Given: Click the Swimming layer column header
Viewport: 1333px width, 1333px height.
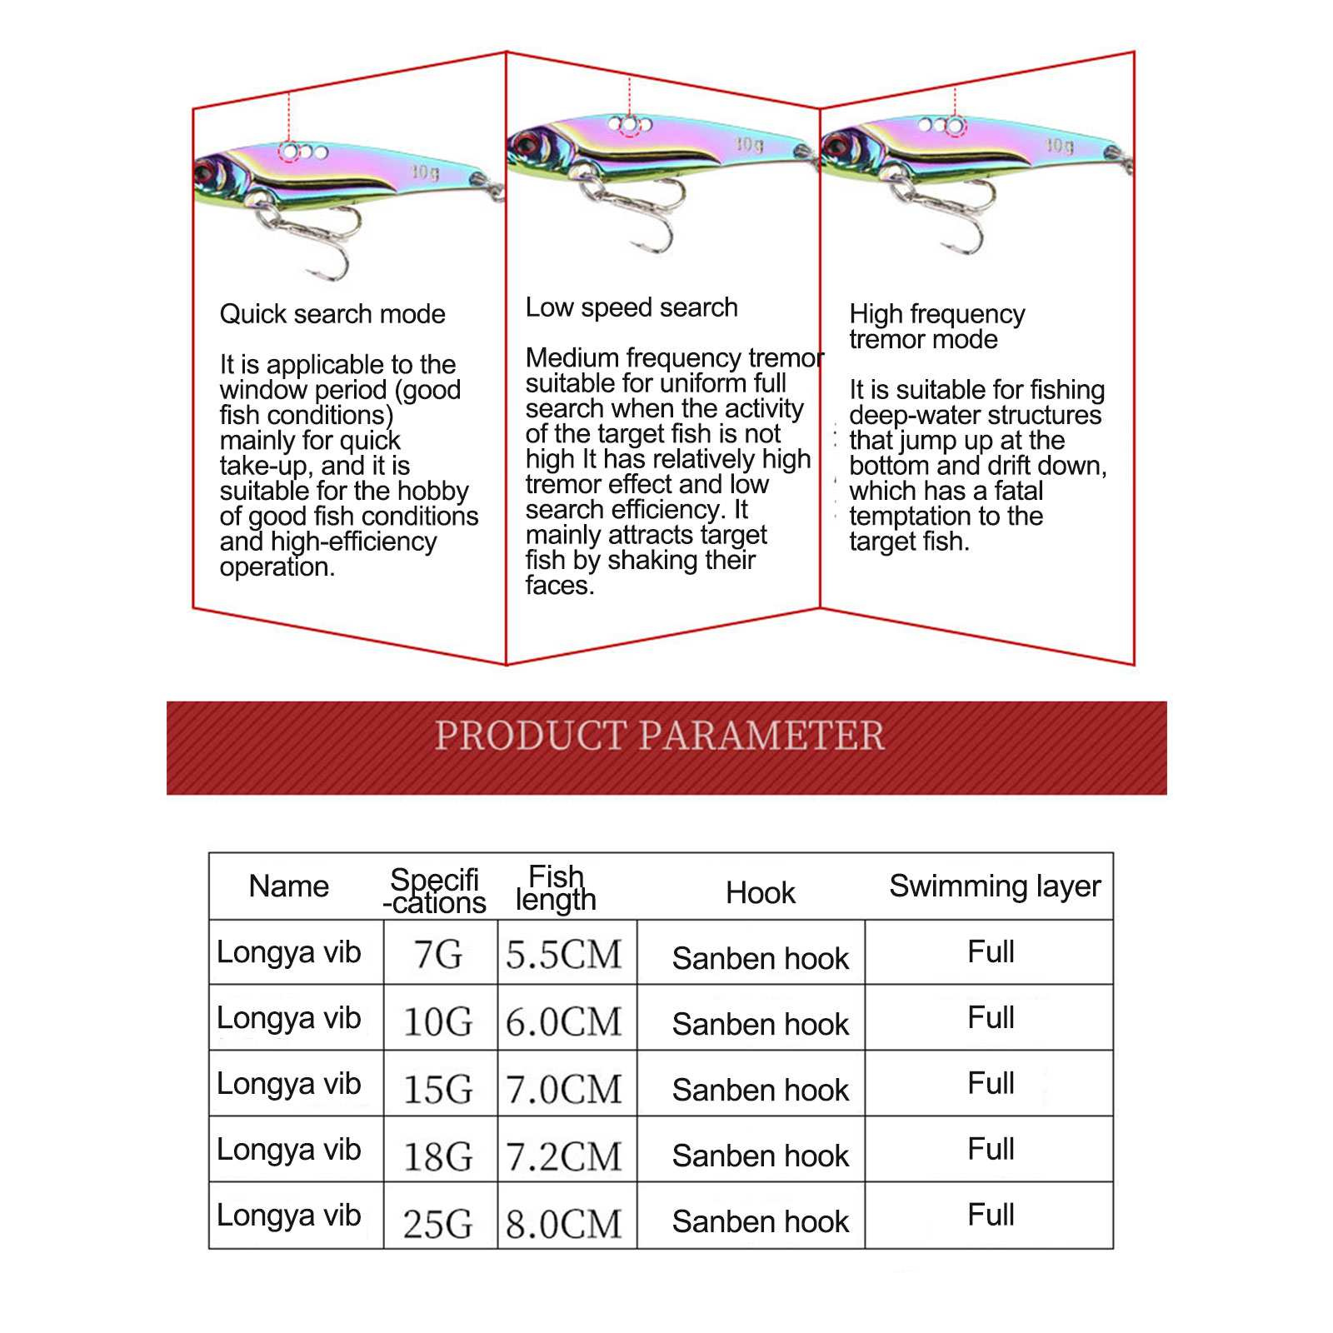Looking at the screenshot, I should [x=995, y=886].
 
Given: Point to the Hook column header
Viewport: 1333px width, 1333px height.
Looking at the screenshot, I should [x=760, y=893].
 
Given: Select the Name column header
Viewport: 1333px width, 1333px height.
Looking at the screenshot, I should [x=288, y=886].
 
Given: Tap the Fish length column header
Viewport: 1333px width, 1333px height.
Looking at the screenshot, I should [x=556, y=888].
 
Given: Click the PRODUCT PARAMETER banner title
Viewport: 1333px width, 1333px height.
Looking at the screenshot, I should [x=660, y=736].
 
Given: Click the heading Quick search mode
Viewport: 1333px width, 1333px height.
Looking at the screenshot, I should [x=332, y=314].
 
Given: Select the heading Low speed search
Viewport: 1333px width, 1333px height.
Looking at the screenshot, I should [x=632, y=307].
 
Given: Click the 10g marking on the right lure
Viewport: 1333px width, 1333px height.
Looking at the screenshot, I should [x=1060, y=146].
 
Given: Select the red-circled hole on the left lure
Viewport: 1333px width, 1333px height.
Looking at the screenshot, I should [x=289, y=152].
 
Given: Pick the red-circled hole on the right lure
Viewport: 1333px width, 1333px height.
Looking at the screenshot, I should [x=955, y=126].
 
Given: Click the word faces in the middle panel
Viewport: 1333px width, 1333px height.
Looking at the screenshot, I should [x=560, y=586].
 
